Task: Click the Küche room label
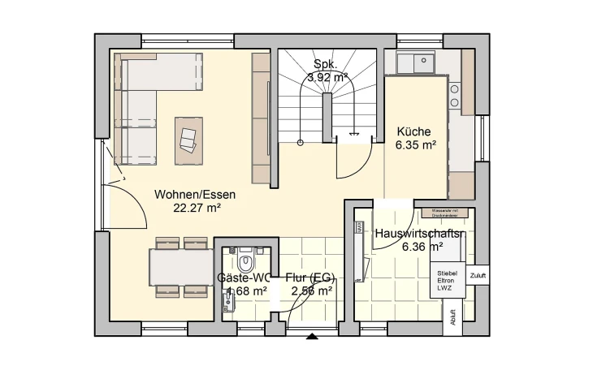tap(413, 132)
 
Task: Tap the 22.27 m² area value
tap(197, 207)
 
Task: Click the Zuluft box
tap(478, 276)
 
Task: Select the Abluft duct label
tap(452, 316)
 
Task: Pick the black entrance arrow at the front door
tap(311, 334)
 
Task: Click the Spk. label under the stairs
tap(326, 64)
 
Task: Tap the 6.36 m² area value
tap(422, 247)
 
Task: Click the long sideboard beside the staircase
tap(261, 118)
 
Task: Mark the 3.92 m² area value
tap(327, 77)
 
